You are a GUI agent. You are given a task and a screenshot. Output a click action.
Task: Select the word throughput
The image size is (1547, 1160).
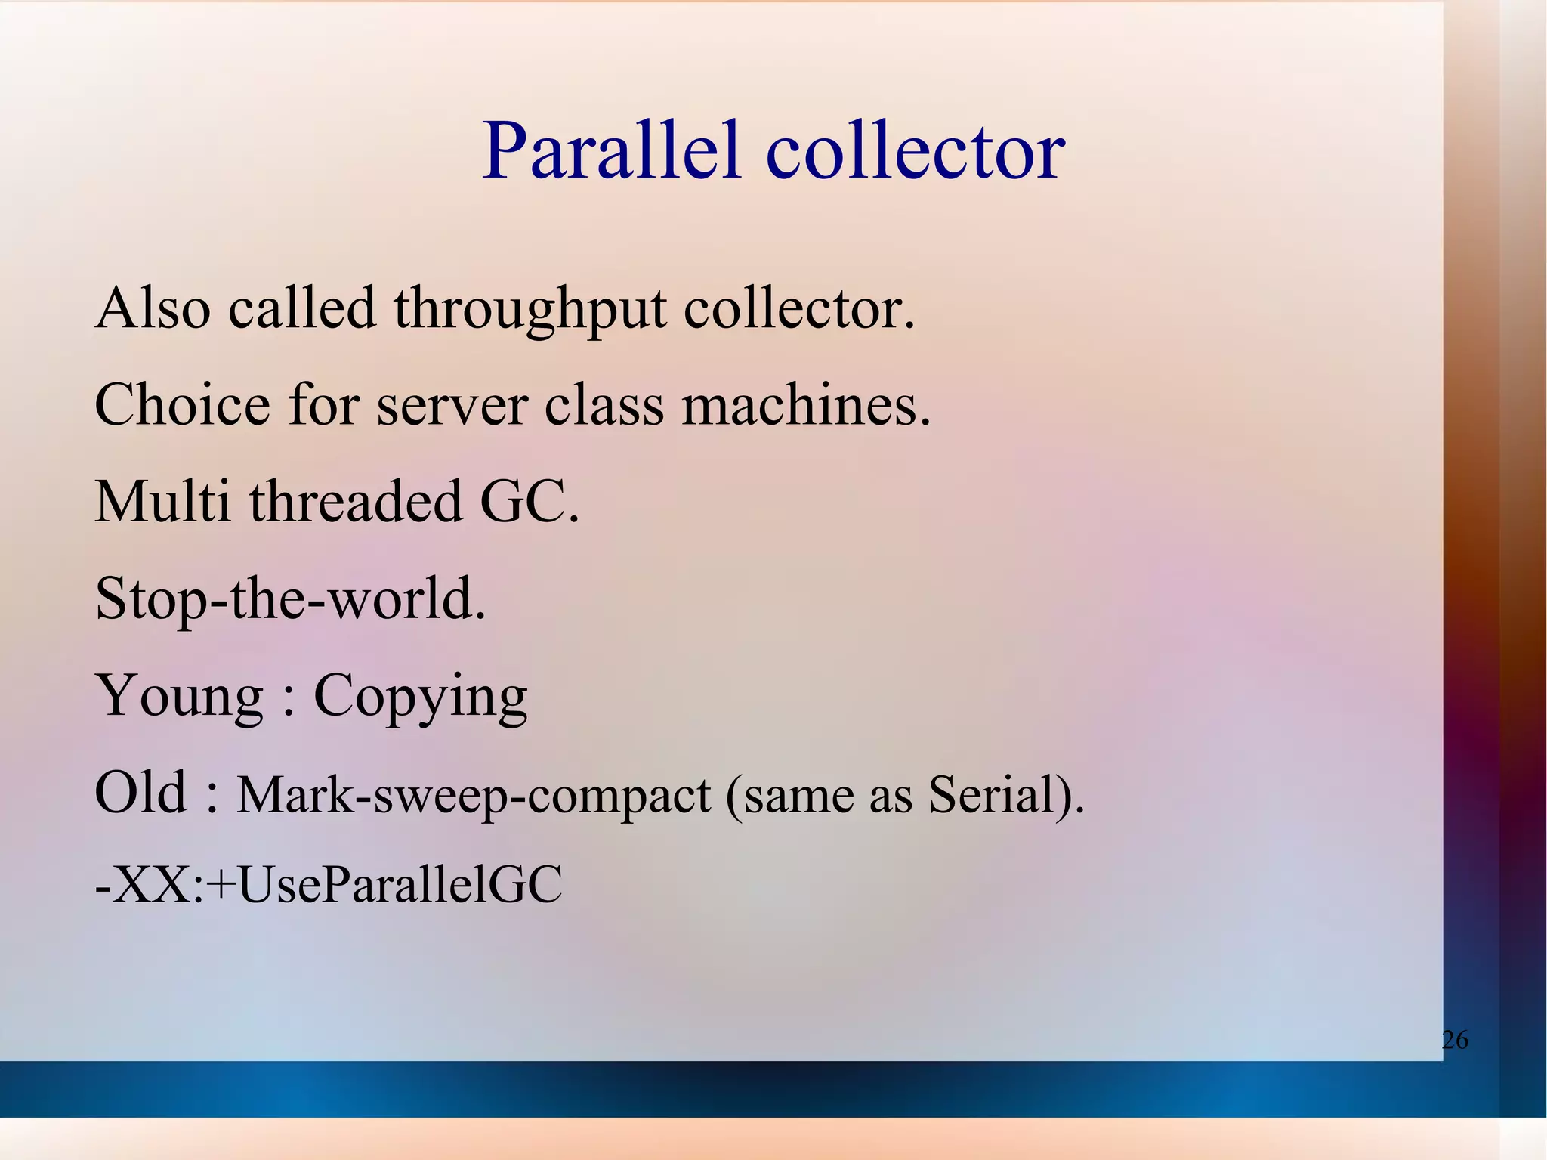[530, 310]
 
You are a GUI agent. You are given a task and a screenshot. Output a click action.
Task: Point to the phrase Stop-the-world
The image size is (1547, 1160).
[291, 599]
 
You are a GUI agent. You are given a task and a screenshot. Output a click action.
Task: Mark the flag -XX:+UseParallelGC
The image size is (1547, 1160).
[329, 884]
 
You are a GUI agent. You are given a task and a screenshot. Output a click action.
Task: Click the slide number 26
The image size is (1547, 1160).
[1454, 1040]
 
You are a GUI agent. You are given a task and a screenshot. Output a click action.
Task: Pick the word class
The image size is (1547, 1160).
[604, 405]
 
